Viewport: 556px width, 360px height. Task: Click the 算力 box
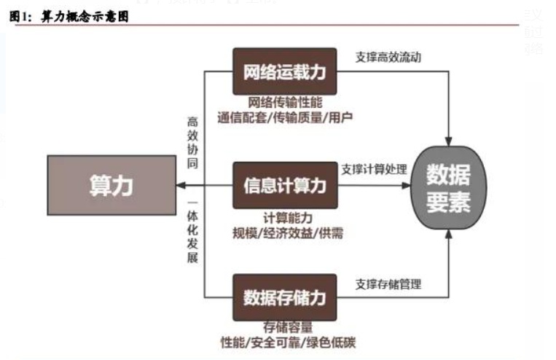(x=111, y=185)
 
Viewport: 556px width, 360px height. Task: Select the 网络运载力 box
(x=284, y=71)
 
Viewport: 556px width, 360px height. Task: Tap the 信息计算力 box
(x=284, y=185)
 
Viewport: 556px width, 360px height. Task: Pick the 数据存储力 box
(x=284, y=297)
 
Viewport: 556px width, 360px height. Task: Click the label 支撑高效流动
(x=388, y=56)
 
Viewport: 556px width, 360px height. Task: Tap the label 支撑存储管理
(x=388, y=283)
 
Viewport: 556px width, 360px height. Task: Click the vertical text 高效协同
(x=192, y=142)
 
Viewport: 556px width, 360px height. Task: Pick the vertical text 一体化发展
(x=192, y=232)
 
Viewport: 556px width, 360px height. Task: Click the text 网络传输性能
(x=285, y=103)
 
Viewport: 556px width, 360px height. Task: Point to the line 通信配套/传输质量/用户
(x=286, y=117)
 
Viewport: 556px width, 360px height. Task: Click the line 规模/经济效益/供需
(x=285, y=232)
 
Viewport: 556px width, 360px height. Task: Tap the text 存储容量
(x=285, y=327)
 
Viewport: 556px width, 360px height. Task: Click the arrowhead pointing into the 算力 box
(x=179, y=185)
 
